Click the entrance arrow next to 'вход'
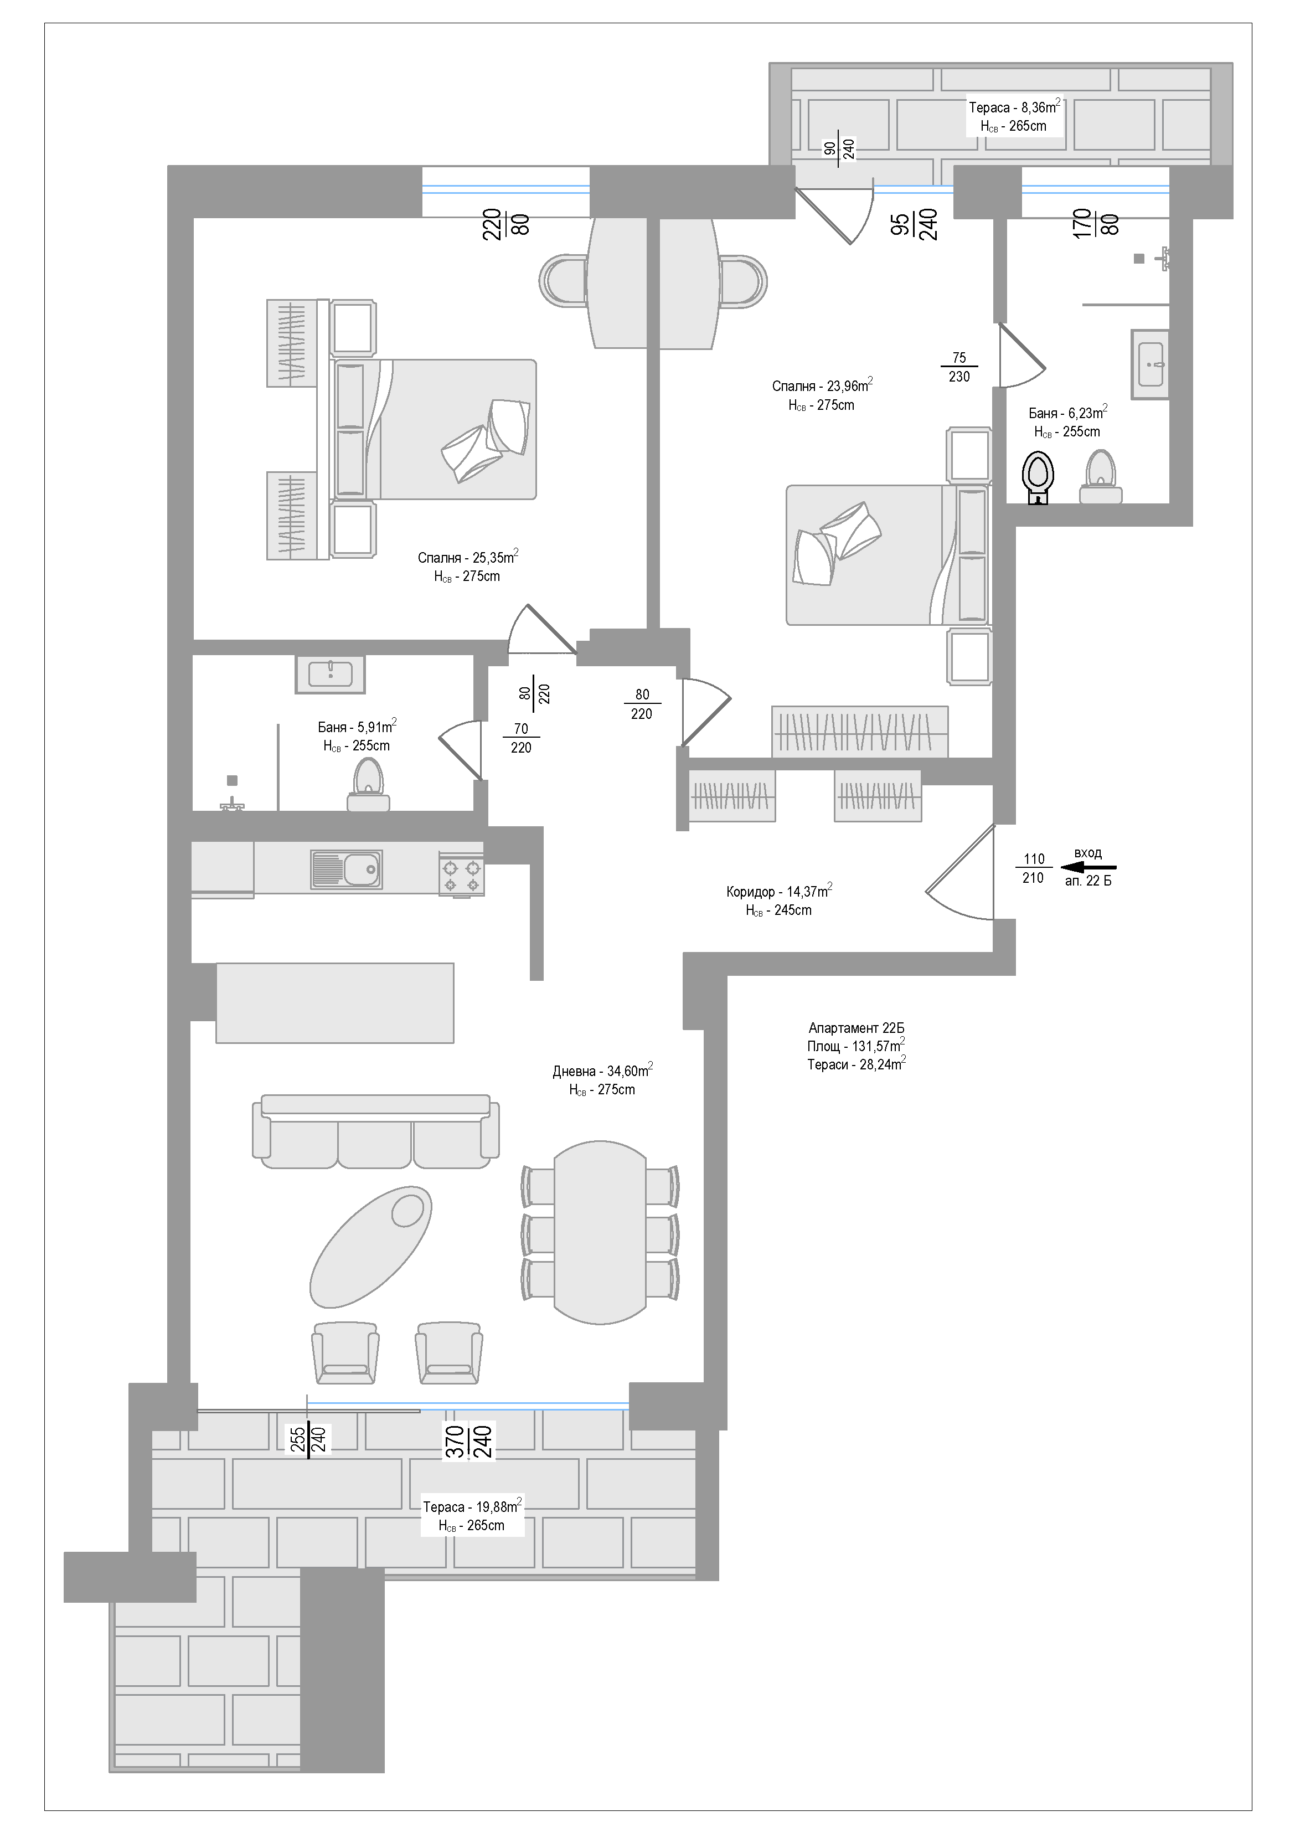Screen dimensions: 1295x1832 pos(1088,867)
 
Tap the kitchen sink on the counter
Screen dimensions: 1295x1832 pos(346,869)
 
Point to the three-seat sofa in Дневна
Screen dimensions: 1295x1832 pos(376,1131)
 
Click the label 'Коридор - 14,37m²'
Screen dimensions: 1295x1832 pos(780,891)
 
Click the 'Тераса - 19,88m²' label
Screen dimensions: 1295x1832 pos(472,1506)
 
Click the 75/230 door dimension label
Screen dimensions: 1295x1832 pos(959,367)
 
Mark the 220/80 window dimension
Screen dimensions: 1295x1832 pos(506,224)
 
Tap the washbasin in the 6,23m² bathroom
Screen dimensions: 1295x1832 pos(1150,364)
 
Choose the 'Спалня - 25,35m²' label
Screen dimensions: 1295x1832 pos(468,557)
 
